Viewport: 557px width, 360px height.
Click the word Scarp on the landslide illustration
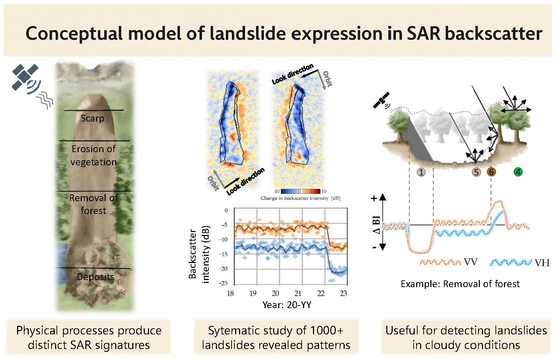click(x=92, y=118)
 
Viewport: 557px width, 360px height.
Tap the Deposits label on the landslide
click(x=95, y=277)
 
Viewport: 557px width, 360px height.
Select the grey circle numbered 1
click(x=421, y=172)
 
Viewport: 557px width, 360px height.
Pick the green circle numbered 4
click(x=518, y=172)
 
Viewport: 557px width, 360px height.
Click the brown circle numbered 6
click(x=491, y=172)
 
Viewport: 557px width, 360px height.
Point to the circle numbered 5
click(x=476, y=172)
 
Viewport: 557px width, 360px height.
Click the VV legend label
click(x=471, y=262)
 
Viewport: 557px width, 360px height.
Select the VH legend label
click(x=542, y=263)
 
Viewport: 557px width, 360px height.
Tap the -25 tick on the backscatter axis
click(x=223, y=283)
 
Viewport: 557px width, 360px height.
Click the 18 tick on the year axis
click(x=230, y=294)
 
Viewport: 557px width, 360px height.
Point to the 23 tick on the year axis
click(x=343, y=294)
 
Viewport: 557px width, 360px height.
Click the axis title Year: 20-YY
click(x=287, y=305)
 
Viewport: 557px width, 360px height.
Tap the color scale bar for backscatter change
click(x=301, y=192)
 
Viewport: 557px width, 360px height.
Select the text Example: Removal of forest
click(x=460, y=284)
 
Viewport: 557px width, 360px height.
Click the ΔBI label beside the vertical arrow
click(x=376, y=225)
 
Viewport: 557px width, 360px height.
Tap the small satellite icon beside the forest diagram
click(x=381, y=101)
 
